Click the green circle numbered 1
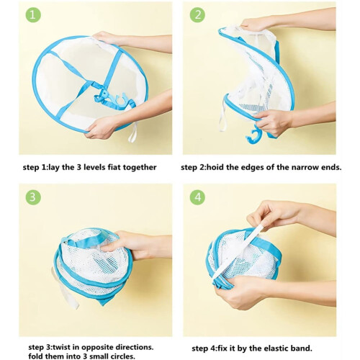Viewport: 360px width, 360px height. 33,15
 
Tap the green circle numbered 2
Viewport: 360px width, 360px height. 197,15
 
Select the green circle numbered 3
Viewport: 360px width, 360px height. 33,197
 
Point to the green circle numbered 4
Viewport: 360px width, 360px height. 197,197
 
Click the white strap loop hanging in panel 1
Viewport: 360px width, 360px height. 133,132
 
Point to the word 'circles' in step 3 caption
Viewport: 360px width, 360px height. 122,356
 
